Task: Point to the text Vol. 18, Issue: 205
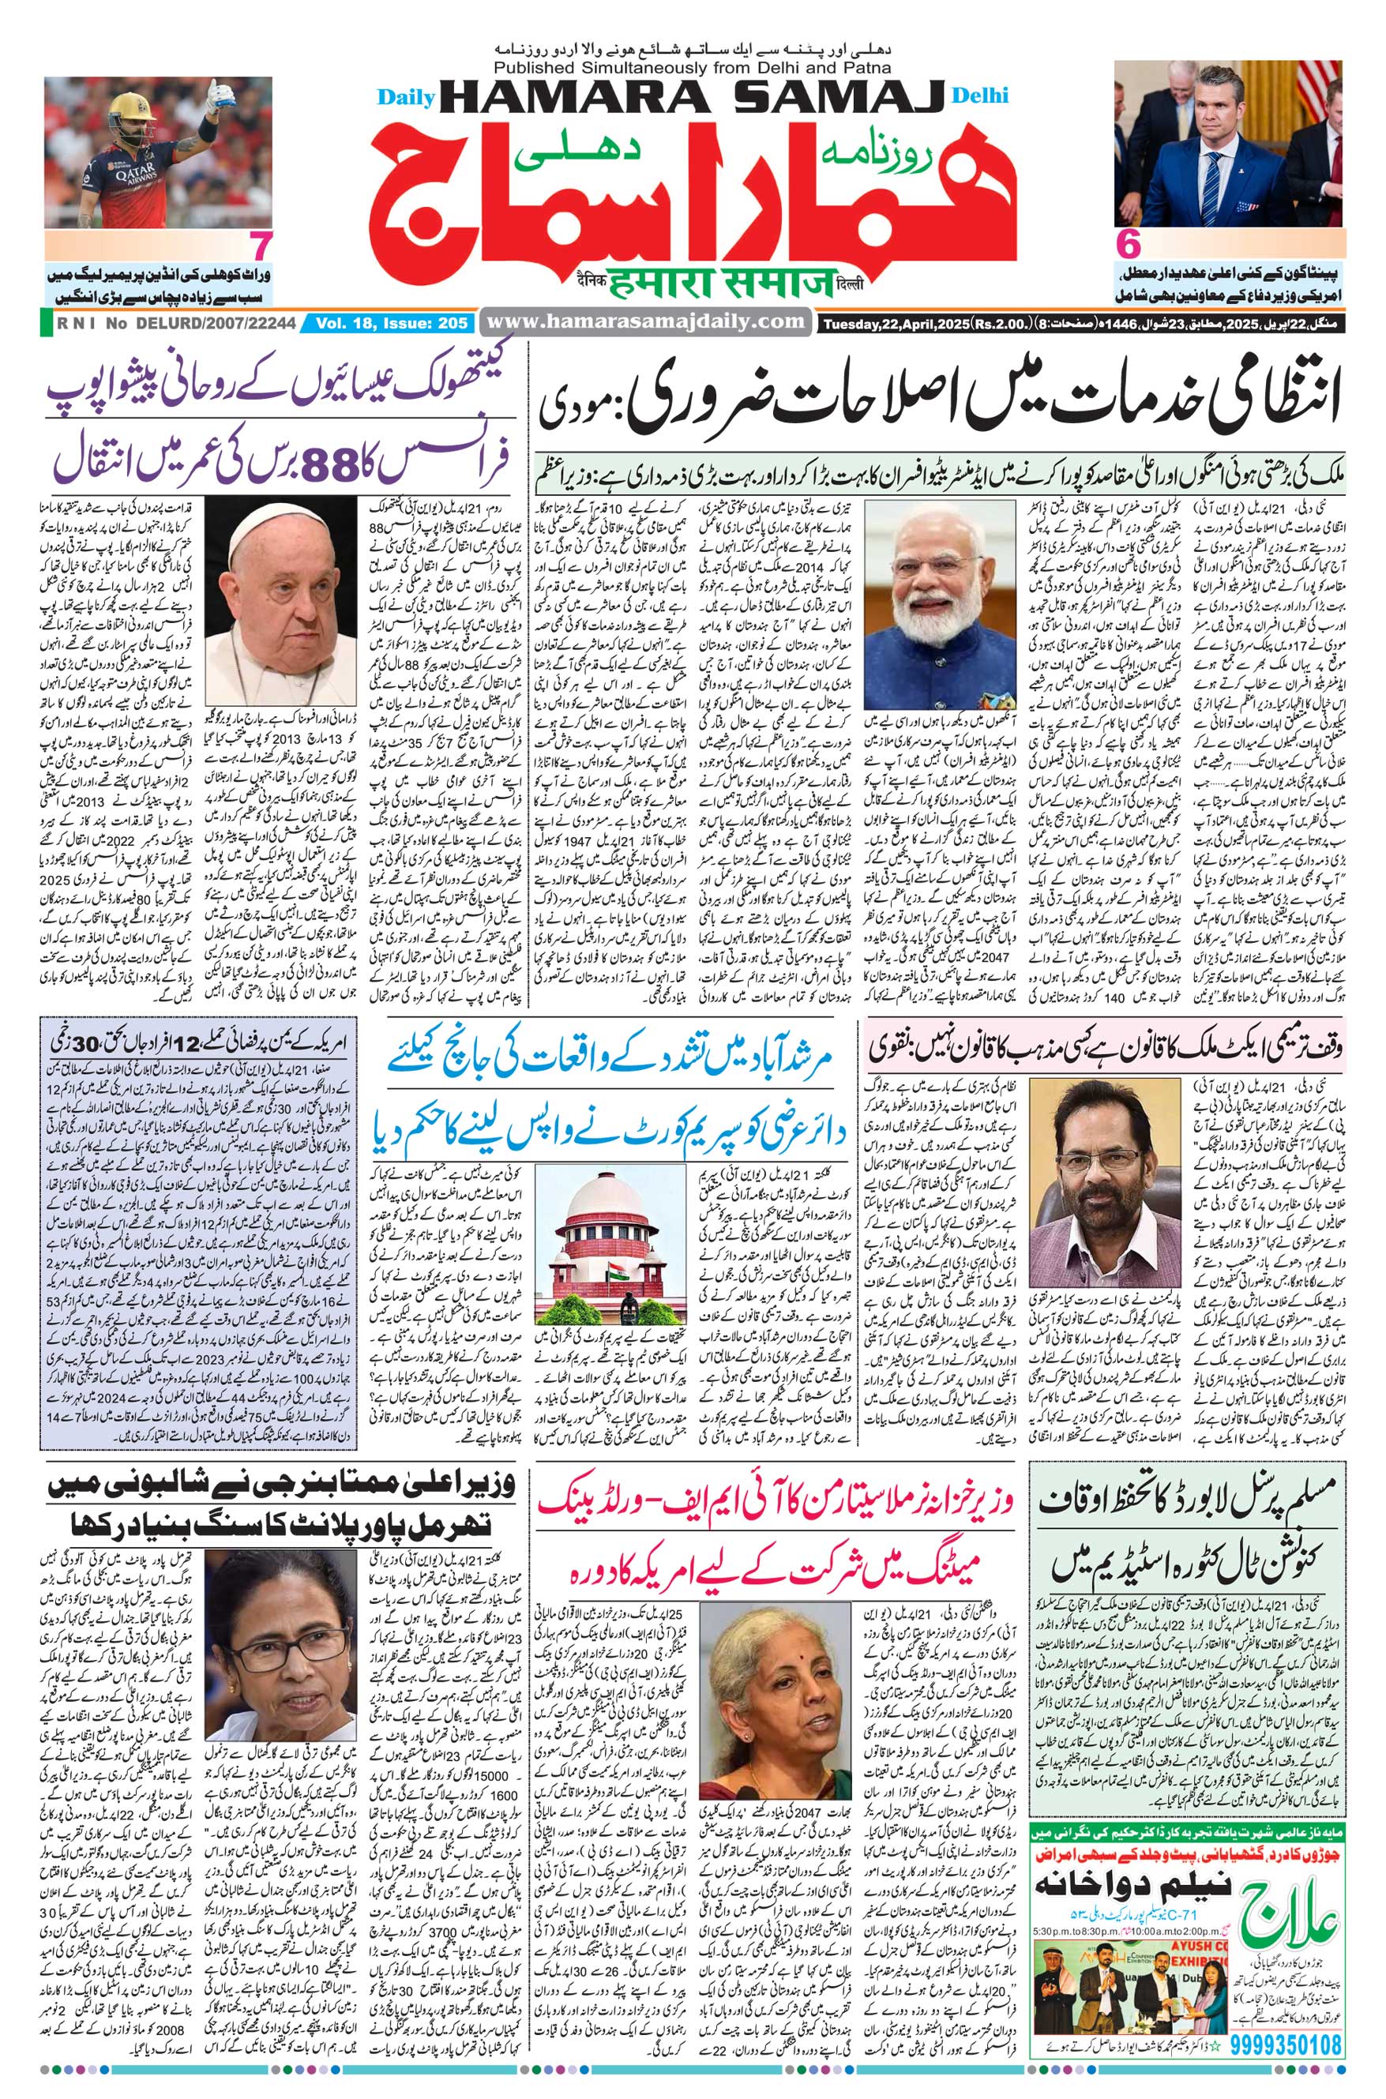click(x=389, y=325)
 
